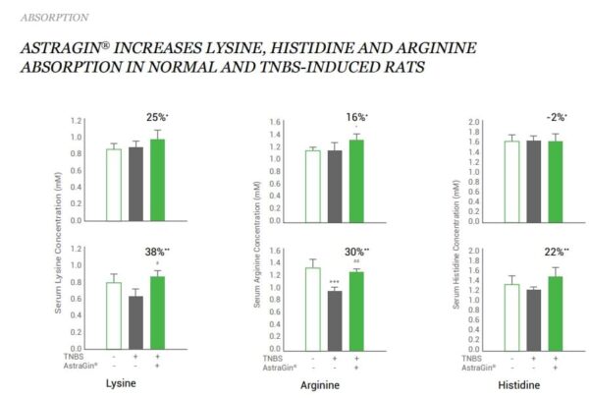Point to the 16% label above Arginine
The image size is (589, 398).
click(x=356, y=118)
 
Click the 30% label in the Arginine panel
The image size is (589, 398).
click(x=356, y=252)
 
